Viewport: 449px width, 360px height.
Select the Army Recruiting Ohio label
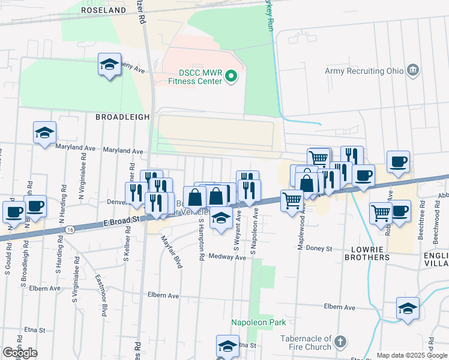tap(364, 71)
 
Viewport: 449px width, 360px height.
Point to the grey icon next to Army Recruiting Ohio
tap(412, 71)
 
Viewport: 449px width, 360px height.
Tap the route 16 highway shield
tap(70, 230)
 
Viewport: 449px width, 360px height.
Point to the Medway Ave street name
tap(231, 257)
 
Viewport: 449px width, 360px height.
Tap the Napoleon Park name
tap(259, 322)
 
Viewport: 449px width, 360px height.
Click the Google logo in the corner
tap(20, 353)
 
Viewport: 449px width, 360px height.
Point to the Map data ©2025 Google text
tap(412, 355)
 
